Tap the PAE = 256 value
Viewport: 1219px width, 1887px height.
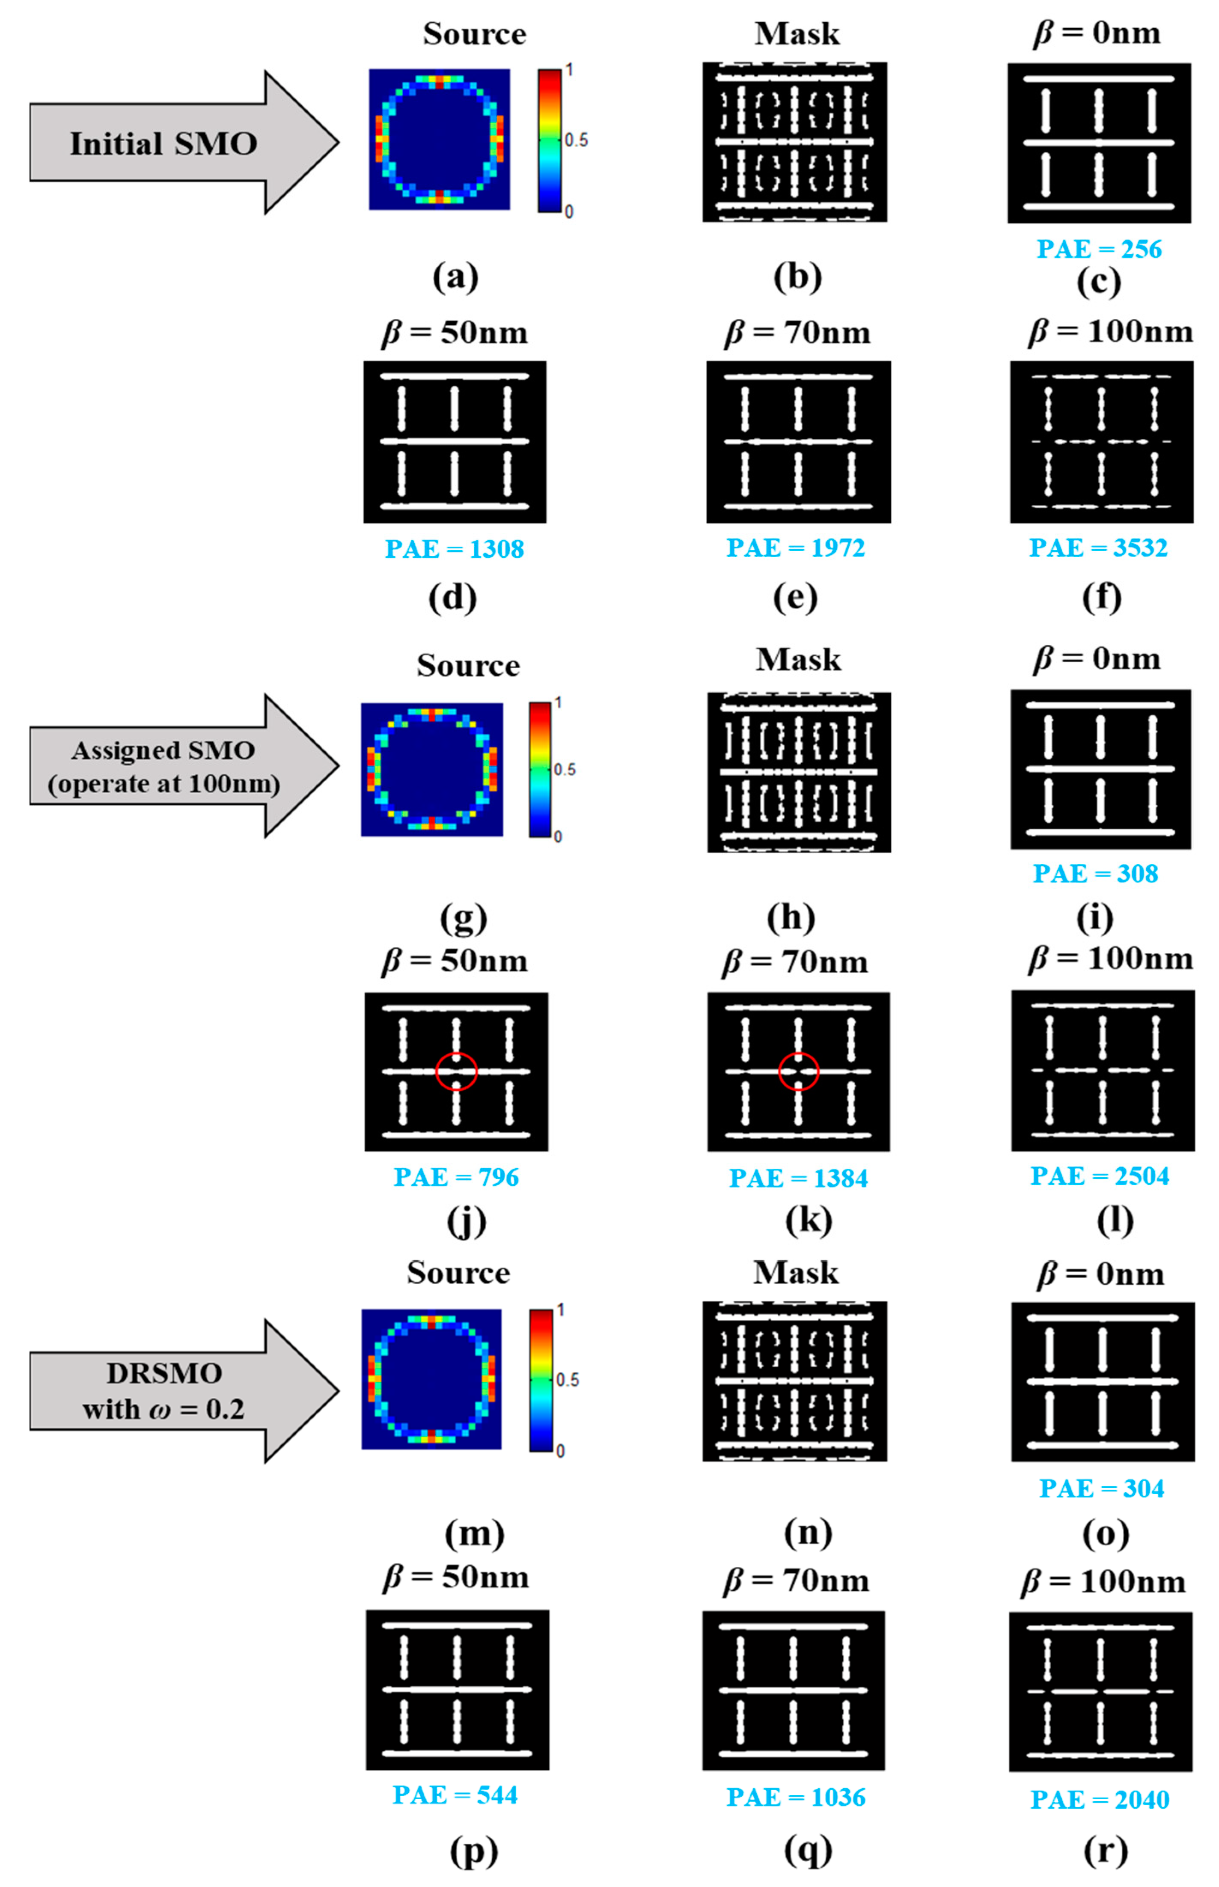[1099, 249]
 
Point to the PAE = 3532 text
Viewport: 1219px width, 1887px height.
[1098, 548]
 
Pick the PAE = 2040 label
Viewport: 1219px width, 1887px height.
[1100, 1799]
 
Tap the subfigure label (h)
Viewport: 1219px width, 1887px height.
[791, 917]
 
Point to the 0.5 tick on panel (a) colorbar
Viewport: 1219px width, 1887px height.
[576, 140]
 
